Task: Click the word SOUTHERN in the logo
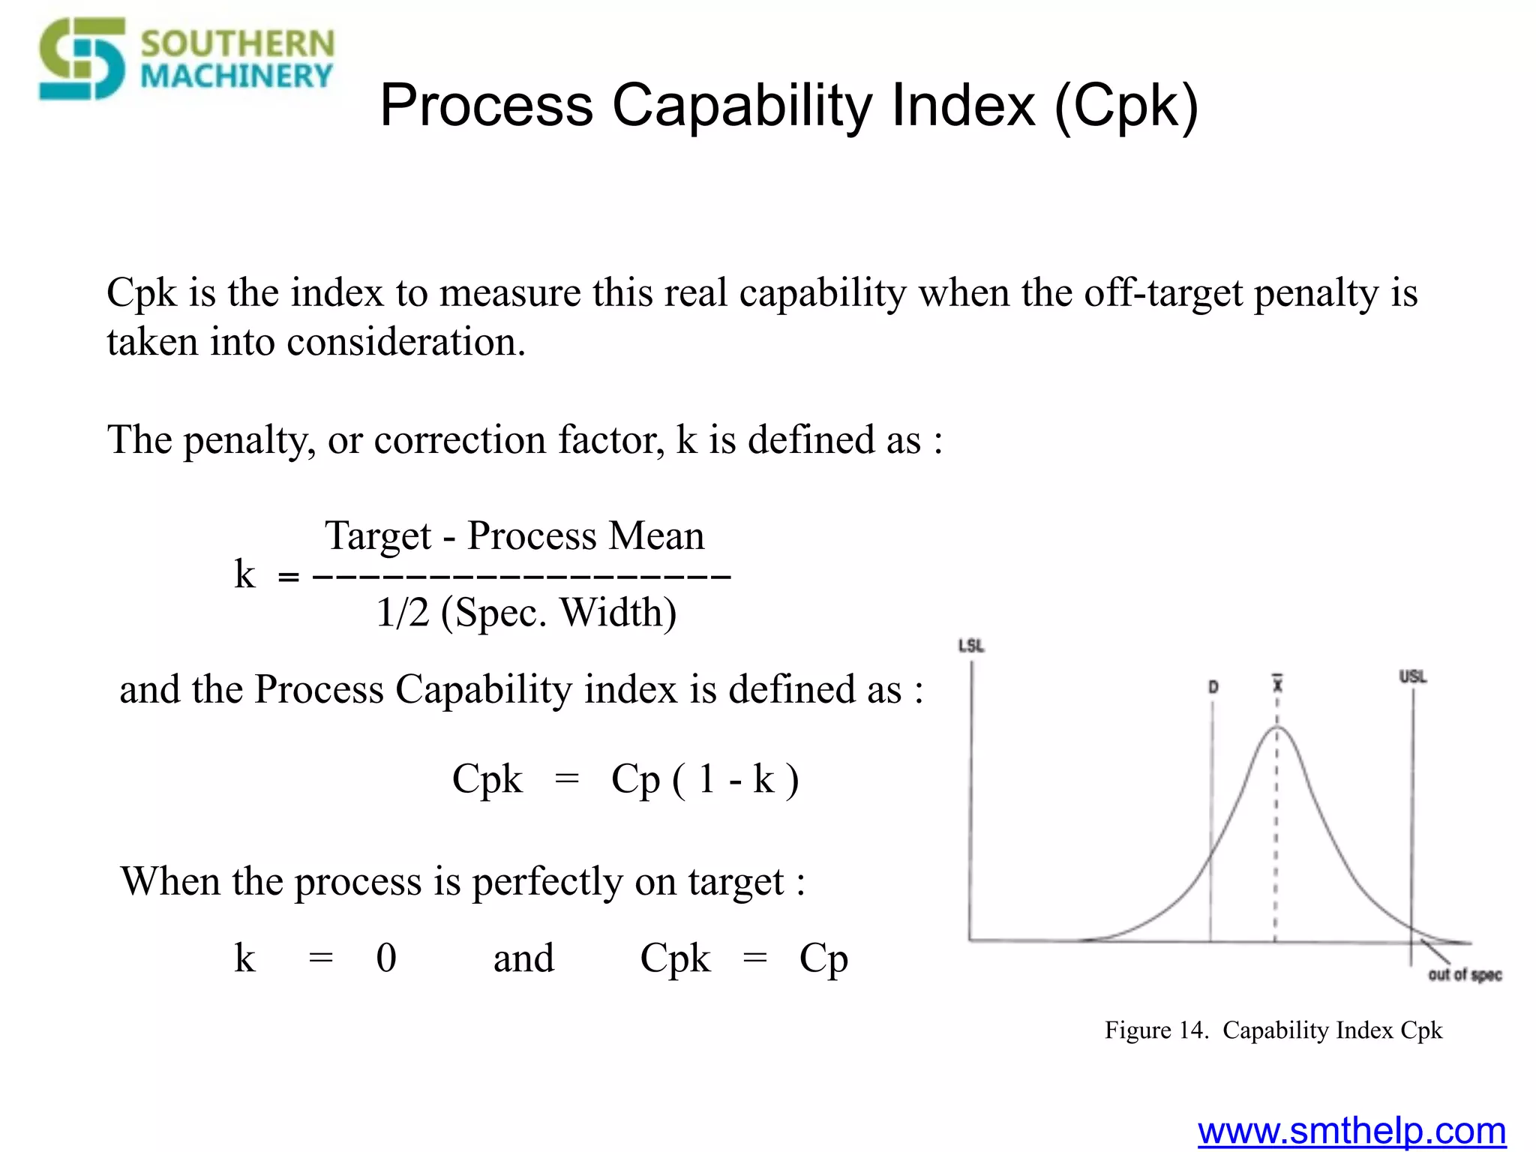coord(237,43)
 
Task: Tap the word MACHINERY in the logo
coord(235,76)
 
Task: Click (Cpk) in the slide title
coord(1126,106)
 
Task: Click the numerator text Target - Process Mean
coord(514,535)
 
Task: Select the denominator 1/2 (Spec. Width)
coord(526,613)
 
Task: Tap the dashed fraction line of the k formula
coord(520,576)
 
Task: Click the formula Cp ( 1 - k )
coord(704,778)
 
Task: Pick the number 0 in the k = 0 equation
coord(386,958)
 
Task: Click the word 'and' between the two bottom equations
coord(523,958)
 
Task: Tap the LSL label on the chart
coord(971,646)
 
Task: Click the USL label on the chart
coord(1412,676)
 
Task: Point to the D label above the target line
coord(1213,687)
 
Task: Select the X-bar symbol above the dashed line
coord(1277,683)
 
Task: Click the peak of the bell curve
coord(1277,727)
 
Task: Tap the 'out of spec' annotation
coord(1464,974)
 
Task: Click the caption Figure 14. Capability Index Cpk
coord(1273,1030)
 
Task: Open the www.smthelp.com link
coord(1351,1131)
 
